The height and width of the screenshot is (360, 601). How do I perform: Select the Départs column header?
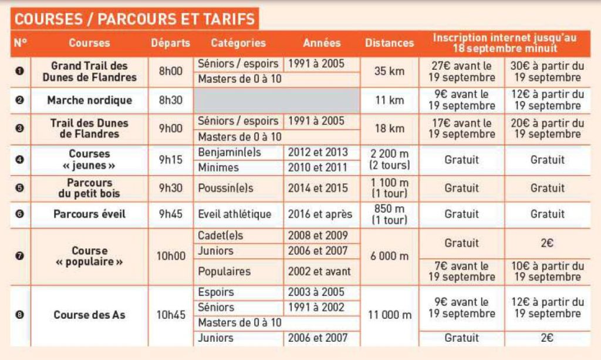tap(170, 43)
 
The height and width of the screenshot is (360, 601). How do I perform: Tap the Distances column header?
tap(389, 43)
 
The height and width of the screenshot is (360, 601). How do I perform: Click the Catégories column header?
tap(238, 43)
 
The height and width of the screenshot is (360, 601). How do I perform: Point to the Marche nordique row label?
tap(90, 100)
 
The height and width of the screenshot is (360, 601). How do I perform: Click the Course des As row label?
tap(90, 315)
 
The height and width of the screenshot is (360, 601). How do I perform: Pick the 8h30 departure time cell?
tap(170, 100)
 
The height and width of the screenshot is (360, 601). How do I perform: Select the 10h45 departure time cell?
tap(170, 315)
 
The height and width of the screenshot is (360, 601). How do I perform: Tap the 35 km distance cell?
tap(389, 72)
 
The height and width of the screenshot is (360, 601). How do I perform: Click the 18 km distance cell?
tap(389, 129)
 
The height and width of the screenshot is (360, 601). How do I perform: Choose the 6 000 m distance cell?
tap(389, 257)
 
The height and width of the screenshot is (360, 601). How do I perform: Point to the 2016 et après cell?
tap(320, 214)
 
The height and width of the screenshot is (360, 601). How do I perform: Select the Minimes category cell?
tap(218, 168)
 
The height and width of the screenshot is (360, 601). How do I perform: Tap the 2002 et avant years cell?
tap(319, 272)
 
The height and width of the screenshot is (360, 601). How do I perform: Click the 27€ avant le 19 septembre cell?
tap(461, 72)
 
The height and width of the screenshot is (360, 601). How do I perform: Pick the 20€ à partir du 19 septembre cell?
tap(547, 129)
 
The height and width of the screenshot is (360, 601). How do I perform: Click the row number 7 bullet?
tap(20, 257)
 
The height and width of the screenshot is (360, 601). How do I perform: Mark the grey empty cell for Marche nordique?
tap(276, 100)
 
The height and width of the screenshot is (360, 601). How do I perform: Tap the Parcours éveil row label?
tap(90, 214)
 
